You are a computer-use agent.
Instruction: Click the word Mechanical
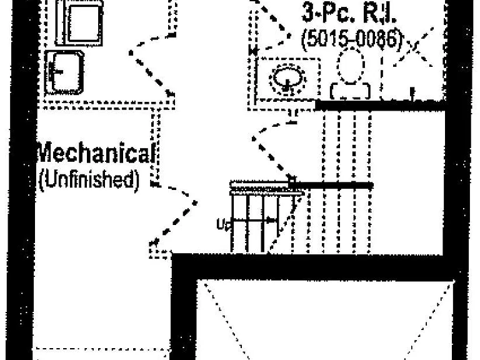(96, 153)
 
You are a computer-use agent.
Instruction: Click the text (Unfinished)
(89, 180)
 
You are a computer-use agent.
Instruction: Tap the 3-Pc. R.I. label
(348, 13)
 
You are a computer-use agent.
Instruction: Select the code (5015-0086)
(352, 39)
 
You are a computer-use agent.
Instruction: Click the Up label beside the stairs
(224, 224)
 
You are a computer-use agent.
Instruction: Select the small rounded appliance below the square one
(64, 72)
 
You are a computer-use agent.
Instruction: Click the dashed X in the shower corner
(414, 47)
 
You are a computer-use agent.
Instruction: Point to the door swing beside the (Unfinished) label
(174, 214)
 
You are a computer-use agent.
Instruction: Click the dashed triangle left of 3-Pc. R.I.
(269, 27)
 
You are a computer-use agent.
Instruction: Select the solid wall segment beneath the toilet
(380, 105)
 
